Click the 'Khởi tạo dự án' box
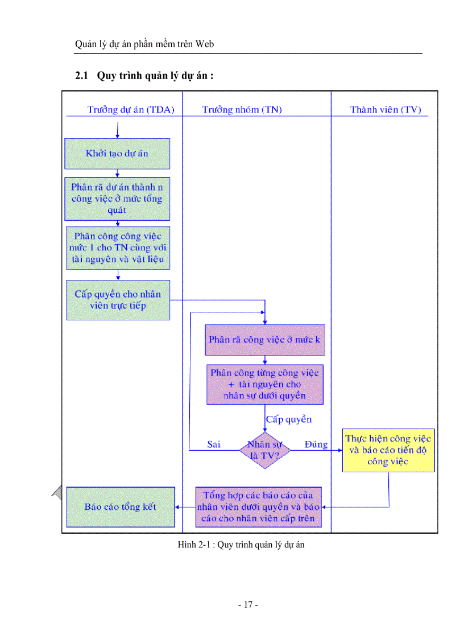(117, 154)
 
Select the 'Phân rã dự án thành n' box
(117, 199)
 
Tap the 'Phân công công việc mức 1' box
(117, 248)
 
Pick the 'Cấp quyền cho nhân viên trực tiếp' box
(118, 300)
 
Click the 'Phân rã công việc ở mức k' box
(264, 340)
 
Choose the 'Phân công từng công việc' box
(264, 384)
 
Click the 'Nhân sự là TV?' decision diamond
(265, 450)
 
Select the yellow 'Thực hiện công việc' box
(388, 450)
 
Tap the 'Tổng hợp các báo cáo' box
(258, 506)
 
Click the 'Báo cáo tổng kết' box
(121, 506)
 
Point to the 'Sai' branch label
(214, 444)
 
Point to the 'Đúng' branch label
(316, 444)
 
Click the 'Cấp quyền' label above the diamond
(289, 419)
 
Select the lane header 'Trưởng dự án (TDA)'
(131, 110)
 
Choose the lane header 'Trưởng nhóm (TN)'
(242, 110)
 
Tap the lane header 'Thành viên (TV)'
(386, 110)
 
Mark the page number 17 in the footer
(248, 605)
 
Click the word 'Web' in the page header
(205, 44)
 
